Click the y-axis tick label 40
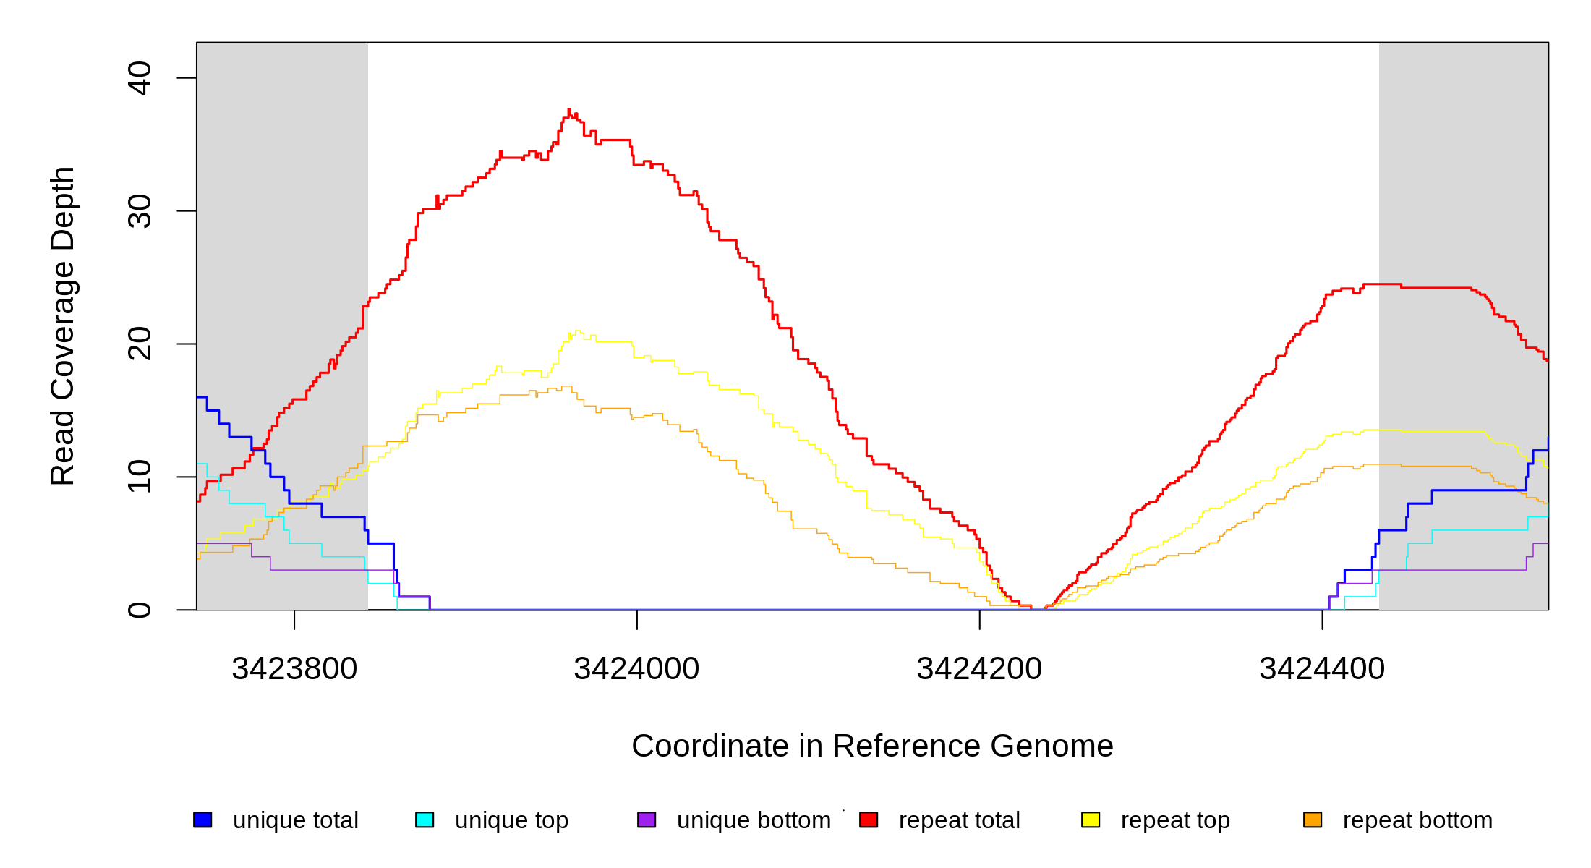point(139,78)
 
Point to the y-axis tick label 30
point(139,211)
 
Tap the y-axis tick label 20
point(139,344)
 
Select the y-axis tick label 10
point(139,477)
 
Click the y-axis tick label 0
point(139,610)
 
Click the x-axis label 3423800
point(294,668)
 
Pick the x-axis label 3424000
point(636,668)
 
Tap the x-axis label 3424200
point(979,668)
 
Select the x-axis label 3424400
point(1322,668)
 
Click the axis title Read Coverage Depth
point(62,325)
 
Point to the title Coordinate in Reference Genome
point(872,746)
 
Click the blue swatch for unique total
point(202,820)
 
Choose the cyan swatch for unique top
point(425,820)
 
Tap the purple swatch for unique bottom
point(647,820)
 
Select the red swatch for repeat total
point(869,820)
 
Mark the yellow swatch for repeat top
point(1091,820)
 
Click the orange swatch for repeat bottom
point(1313,820)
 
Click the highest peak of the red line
point(569,110)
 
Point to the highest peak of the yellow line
point(577,331)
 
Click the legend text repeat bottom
point(1417,820)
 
